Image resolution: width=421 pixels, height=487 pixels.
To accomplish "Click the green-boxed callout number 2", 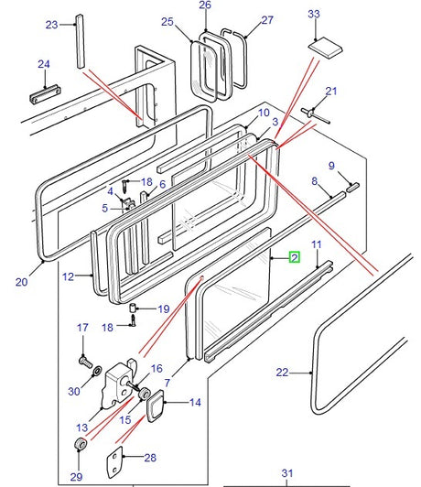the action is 295,257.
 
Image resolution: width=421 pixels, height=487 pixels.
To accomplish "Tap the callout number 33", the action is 314,14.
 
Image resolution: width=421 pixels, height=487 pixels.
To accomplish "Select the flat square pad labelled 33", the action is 326,48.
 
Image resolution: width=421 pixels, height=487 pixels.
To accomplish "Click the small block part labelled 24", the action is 46,94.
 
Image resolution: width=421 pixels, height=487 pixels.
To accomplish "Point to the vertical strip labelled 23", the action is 81,41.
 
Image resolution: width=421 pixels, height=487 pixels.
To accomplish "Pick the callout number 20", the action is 22,282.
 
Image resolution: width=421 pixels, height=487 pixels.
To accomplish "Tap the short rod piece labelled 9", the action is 352,188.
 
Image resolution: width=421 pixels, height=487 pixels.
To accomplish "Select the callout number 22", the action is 282,372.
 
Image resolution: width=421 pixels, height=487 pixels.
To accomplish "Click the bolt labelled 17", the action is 85,362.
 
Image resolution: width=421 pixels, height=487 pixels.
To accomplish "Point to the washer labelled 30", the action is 97,371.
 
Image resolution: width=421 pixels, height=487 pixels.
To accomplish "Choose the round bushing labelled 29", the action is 81,443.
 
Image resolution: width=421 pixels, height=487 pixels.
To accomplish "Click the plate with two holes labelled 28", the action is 114,462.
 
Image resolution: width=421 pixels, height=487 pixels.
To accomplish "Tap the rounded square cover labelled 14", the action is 155,405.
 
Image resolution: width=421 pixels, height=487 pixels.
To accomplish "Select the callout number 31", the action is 287,473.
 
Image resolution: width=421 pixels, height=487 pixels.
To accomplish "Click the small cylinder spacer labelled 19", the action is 134,308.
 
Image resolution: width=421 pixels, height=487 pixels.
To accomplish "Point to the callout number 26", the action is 205,5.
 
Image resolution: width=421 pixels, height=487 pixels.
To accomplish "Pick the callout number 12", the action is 69,276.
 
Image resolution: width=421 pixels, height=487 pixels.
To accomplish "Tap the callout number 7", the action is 167,383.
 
